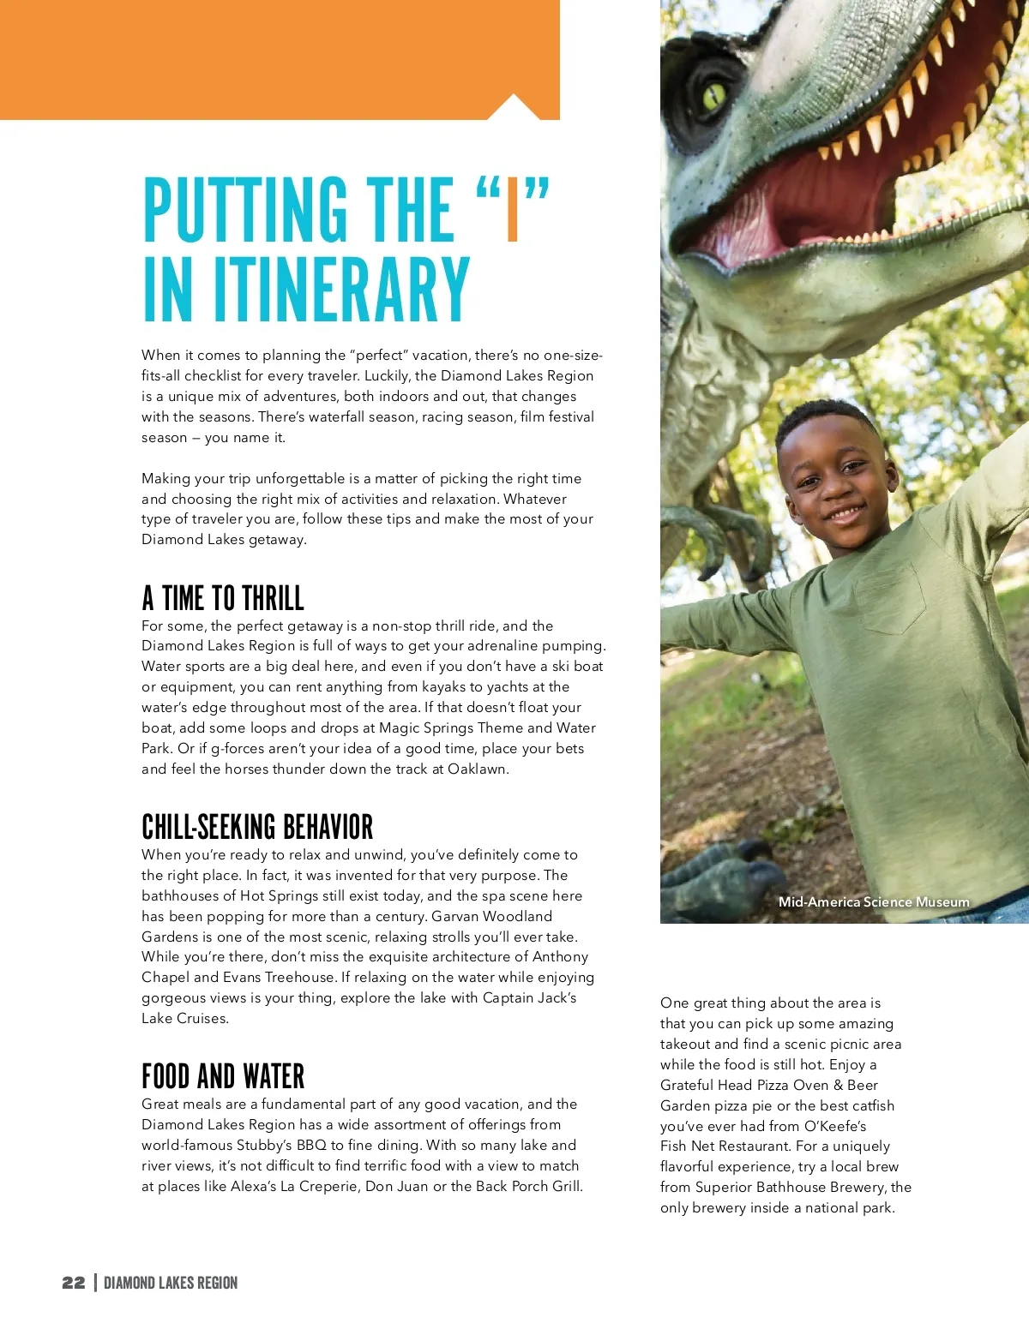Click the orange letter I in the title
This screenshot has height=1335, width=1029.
513,209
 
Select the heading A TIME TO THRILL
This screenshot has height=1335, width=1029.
223,597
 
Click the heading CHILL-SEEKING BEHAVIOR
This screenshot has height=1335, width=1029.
257,827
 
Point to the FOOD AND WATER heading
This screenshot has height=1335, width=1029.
223,1076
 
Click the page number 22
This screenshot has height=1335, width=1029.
73,1283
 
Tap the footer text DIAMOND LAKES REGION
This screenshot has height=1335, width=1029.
171,1283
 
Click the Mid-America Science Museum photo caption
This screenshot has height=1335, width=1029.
874,902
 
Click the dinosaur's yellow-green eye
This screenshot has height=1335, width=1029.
714,96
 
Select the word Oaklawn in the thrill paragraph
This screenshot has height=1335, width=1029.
478,769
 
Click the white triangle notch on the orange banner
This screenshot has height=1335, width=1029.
513,108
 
